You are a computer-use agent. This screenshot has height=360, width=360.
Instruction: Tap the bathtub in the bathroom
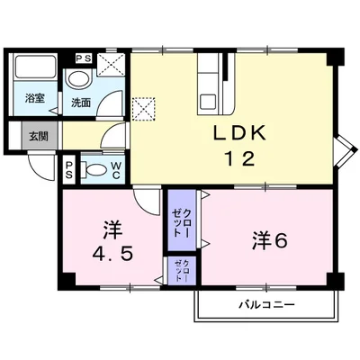(34, 70)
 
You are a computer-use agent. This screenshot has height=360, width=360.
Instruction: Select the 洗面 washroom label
(81, 101)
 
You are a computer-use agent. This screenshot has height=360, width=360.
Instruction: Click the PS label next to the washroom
(83, 58)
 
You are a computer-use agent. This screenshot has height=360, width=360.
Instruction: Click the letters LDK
(238, 133)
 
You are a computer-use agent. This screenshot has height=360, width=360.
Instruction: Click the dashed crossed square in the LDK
(142, 108)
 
